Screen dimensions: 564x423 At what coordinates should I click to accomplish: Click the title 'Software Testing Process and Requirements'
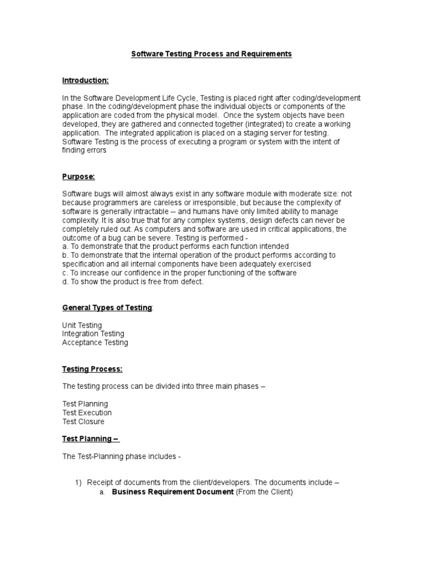pyautogui.click(x=211, y=54)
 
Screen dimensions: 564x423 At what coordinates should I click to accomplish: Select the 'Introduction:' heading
pyautogui.click(x=85, y=80)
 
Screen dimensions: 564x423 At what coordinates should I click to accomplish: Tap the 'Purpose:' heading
pyautogui.click(x=78, y=176)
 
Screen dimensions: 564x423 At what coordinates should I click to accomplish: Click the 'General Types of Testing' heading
pyautogui.click(x=107, y=307)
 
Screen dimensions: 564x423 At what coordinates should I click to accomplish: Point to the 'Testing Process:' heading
pyautogui.click(x=92, y=368)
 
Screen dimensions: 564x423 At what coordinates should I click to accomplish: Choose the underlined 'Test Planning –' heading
pyautogui.click(x=91, y=439)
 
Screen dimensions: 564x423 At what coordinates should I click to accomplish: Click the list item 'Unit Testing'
pyautogui.click(x=82, y=325)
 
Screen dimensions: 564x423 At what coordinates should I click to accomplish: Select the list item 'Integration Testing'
pyautogui.click(x=93, y=334)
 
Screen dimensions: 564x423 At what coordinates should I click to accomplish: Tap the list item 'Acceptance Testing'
pyautogui.click(x=95, y=343)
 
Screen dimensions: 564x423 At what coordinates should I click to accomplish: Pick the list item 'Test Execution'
pyautogui.click(x=86, y=413)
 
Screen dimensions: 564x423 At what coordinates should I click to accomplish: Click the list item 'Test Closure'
pyautogui.click(x=83, y=421)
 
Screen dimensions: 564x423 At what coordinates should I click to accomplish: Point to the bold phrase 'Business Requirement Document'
pyautogui.click(x=173, y=492)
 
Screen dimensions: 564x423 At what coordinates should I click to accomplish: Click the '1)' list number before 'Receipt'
pyautogui.click(x=78, y=483)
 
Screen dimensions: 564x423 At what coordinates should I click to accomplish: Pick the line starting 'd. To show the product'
pyautogui.click(x=133, y=281)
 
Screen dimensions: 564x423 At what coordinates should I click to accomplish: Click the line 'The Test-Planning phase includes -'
pyautogui.click(x=122, y=457)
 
